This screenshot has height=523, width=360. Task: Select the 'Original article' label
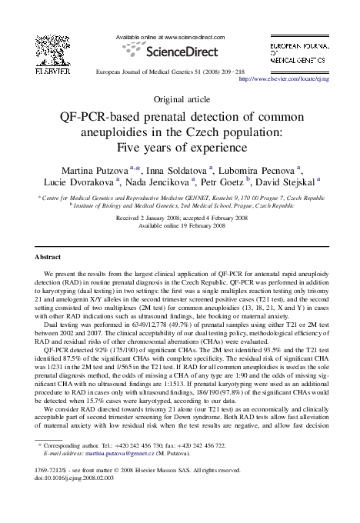pyautogui.click(x=179, y=100)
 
